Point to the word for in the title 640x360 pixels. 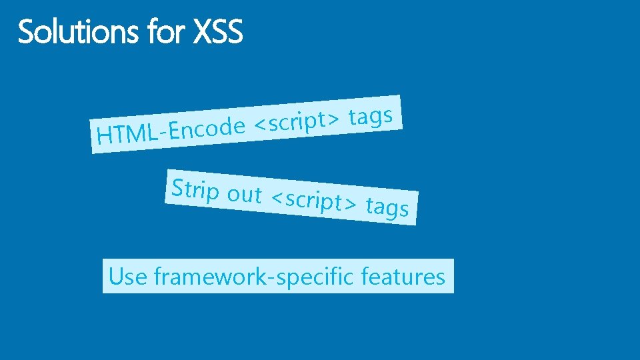pos(167,32)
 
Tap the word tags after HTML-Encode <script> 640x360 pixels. pos(371,116)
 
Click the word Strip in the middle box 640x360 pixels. pos(195,190)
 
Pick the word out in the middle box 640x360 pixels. pos(244,195)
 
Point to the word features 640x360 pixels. pos(403,276)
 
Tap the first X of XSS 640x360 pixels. pos(202,32)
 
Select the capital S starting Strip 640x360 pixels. pos(178,188)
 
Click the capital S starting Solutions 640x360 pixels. pos(27,32)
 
